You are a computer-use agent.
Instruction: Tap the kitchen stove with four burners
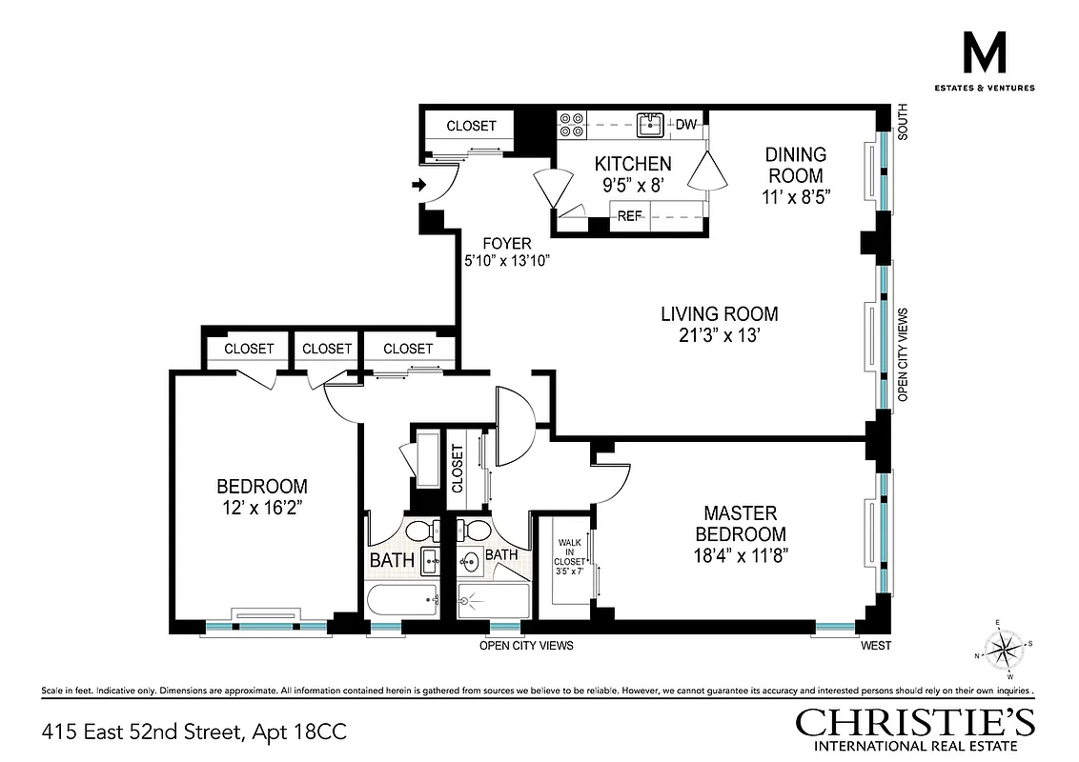coord(572,124)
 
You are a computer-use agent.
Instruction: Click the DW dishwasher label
coord(685,124)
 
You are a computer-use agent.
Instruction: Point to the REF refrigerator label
coord(629,216)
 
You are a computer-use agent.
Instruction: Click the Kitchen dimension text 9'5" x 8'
coord(633,187)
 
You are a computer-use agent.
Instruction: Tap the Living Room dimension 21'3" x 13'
coord(720,336)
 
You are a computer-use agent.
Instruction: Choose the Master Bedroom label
coord(741,523)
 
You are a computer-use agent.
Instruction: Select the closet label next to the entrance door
coord(471,126)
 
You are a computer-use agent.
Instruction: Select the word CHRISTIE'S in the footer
coord(915,722)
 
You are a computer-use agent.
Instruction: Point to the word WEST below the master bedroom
coord(875,646)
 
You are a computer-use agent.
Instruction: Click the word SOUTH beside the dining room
coord(903,123)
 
